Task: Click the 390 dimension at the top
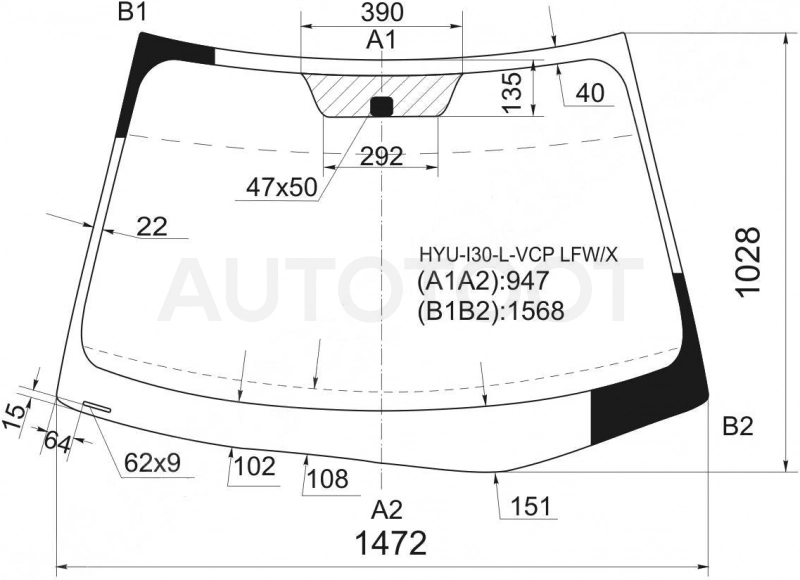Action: point(382,13)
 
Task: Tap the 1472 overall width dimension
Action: point(391,543)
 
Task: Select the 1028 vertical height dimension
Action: point(748,262)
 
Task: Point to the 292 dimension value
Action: point(382,157)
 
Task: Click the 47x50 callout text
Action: point(281,188)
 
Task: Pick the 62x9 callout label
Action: point(153,463)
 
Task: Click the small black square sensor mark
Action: point(381,106)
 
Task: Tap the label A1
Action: point(381,40)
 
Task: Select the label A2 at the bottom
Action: point(387,510)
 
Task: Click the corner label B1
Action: point(132,12)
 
